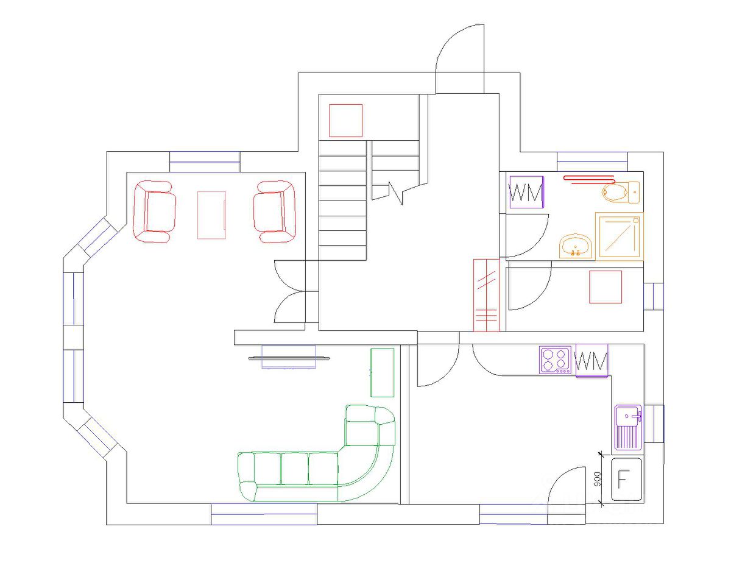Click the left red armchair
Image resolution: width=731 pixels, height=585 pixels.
tap(155, 211)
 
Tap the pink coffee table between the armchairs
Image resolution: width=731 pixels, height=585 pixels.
tap(211, 214)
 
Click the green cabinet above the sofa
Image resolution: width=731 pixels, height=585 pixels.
tap(382, 372)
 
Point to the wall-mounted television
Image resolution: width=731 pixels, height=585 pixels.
tap(289, 358)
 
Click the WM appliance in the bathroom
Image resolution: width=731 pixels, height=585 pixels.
tap(526, 193)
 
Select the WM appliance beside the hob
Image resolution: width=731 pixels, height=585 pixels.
tap(592, 361)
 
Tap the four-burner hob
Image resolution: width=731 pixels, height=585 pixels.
tap(556, 360)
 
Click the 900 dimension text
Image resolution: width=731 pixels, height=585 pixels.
tap(598, 479)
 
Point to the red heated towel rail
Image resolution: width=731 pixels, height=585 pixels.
tap(589, 179)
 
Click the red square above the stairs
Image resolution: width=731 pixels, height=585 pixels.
tap(346, 121)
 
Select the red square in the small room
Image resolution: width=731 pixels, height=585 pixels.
tap(606, 287)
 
